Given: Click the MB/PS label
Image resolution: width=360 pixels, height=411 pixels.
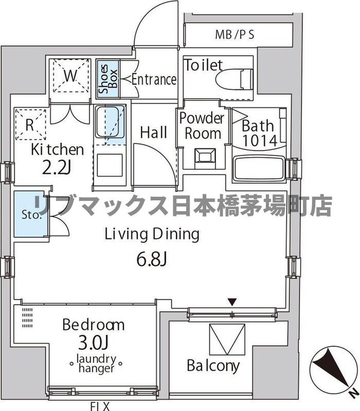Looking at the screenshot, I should pyautogui.click(x=235, y=34).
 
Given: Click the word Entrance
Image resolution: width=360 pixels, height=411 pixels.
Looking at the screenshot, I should pyautogui.click(x=154, y=79).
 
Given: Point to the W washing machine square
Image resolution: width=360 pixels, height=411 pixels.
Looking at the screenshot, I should pyautogui.click(x=70, y=77).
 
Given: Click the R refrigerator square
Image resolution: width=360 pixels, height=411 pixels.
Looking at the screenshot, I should pyautogui.click(x=29, y=126).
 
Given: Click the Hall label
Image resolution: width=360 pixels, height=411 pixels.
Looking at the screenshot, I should pyautogui.click(x=154, y=133).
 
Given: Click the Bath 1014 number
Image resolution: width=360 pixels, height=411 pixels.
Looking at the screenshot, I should pyautogui.click(x=259, y=142).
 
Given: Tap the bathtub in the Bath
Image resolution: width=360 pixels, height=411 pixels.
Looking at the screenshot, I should pyautogui.click(x=259, y=168).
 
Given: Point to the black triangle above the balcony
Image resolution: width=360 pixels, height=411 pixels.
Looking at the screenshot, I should pyautogui.click(x=232, y=301).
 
